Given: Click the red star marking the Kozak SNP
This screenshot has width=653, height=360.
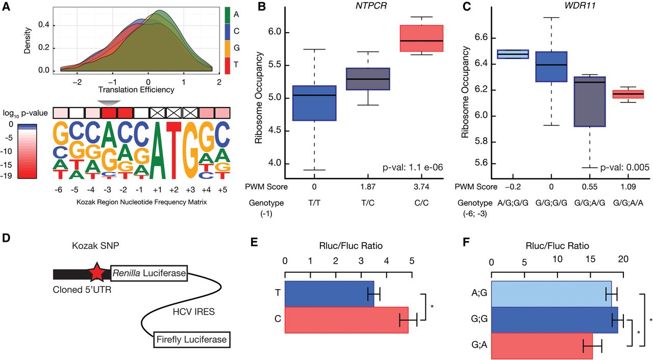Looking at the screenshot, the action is tap(96, 272).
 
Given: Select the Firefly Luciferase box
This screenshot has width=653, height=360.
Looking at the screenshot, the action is tap(192, 340).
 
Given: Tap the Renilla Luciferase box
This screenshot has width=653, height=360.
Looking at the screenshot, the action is tap(149, 273).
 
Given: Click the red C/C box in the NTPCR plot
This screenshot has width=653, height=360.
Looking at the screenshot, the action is tap(421, 38).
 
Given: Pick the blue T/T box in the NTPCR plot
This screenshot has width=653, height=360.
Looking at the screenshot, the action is tap(314, 103).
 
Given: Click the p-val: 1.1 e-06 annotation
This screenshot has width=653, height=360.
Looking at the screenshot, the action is tap(413, 167).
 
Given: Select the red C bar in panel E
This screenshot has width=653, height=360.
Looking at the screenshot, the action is tap(346, 320).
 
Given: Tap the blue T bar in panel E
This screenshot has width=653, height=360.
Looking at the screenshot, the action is tap(330, 294).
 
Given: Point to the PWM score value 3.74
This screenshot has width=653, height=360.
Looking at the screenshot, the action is tap(421, 187).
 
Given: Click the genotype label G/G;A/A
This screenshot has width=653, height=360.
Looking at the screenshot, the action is tap(628, 203).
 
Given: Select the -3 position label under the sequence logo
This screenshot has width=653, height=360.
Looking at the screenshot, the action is tap(107, 190).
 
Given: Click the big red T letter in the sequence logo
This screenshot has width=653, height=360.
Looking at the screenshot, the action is tap(174, 150).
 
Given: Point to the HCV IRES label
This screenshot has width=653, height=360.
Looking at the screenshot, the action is tap(193, 312).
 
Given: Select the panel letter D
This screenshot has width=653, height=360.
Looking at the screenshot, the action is tap(6, 238).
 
